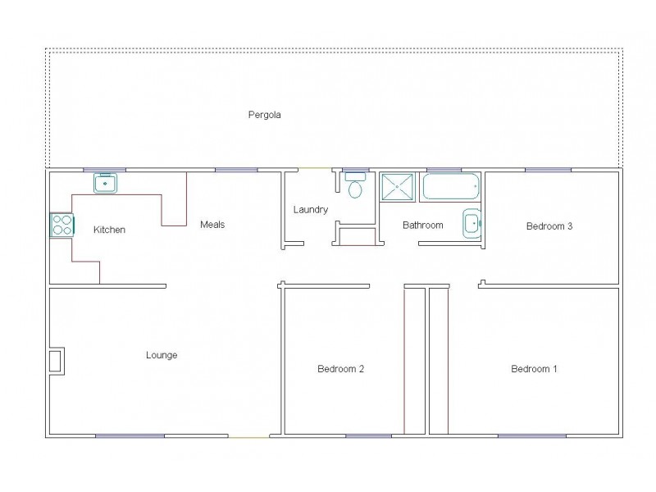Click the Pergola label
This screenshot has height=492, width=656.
point(265,115)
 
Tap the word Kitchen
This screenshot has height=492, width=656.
point(109,230)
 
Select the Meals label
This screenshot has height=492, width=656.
point(212,225)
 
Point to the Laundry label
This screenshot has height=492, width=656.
point(311,210)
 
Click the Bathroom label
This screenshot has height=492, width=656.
point(422,225)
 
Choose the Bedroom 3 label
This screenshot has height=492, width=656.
point(549,226)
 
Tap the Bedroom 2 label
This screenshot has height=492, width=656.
point(340,369)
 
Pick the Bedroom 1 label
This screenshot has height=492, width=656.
point(534,369)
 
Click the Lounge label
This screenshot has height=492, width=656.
point(162,355)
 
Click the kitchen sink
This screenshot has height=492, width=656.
point(106,183)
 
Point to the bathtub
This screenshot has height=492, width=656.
point(450,186)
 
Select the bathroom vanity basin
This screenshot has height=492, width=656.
point(471,223)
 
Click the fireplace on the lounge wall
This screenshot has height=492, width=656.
point(56,361)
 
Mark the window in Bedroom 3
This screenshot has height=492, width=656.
point(548,170)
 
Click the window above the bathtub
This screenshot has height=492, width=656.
point(444,170)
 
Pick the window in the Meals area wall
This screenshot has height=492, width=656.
point(236,170)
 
